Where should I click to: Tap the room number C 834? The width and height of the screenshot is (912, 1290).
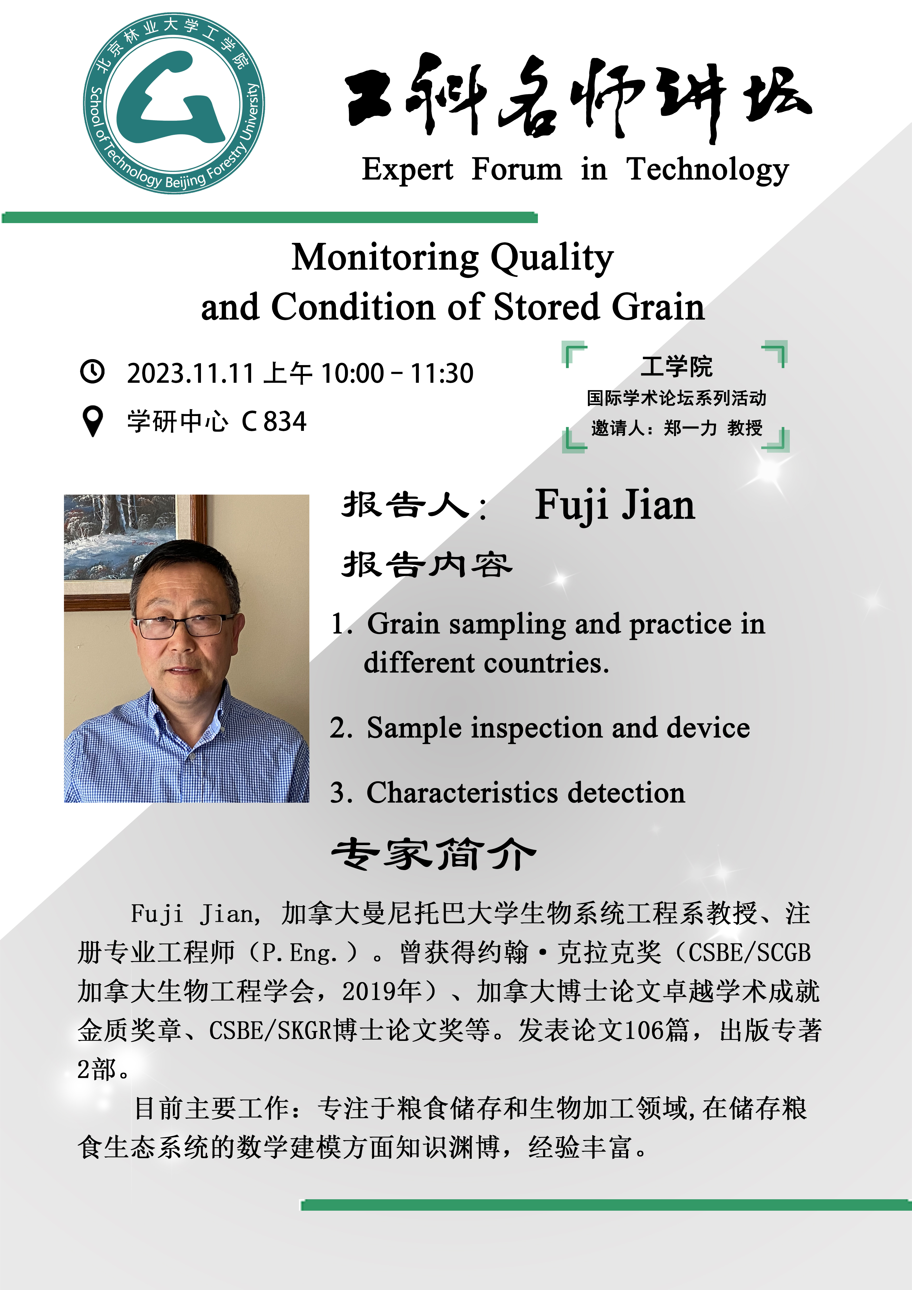274,422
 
